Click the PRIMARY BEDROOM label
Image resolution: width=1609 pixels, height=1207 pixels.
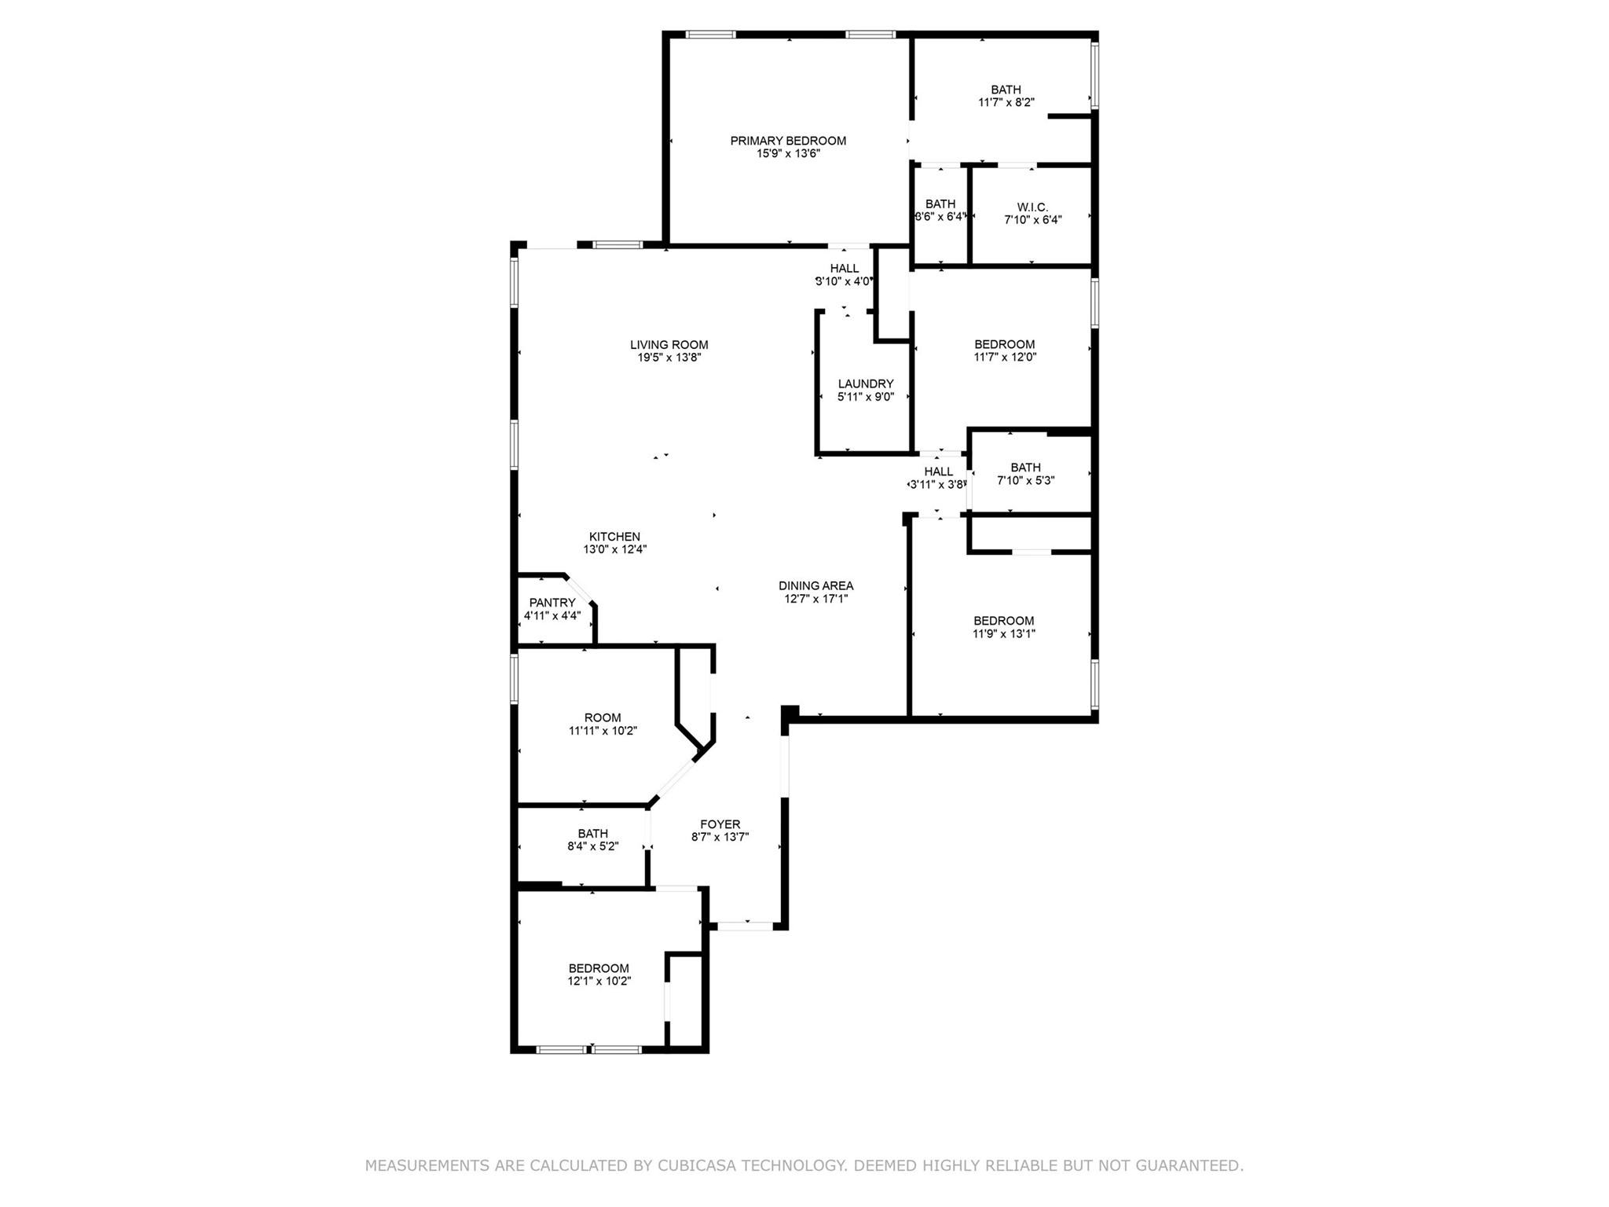point(788,141)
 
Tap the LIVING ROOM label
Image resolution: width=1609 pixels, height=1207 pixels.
point(669,345)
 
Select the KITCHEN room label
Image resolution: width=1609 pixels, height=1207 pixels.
point(615,537)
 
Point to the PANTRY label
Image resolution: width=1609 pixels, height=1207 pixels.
point(552,603)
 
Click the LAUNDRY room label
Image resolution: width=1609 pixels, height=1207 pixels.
point(866,384)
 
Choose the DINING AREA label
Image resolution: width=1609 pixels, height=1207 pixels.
point(816,586)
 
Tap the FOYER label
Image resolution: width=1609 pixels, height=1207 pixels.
point(720,825)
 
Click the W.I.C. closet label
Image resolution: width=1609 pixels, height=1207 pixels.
point(1032,207)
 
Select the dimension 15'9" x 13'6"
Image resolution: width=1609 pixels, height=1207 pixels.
point(788,154)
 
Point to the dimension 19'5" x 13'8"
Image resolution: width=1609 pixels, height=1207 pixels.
point(669,358)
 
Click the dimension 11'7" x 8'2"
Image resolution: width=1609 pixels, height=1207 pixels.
point(1006,102)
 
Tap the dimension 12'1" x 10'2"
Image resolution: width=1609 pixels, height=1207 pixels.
point(599,981)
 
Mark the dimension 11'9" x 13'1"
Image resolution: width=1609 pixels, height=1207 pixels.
point(1004,634)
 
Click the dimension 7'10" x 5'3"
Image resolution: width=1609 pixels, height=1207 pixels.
point(1026,481)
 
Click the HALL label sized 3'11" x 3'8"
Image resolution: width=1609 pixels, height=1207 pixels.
point(939,472)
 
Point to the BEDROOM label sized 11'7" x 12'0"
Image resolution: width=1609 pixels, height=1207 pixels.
point(1005,345)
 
